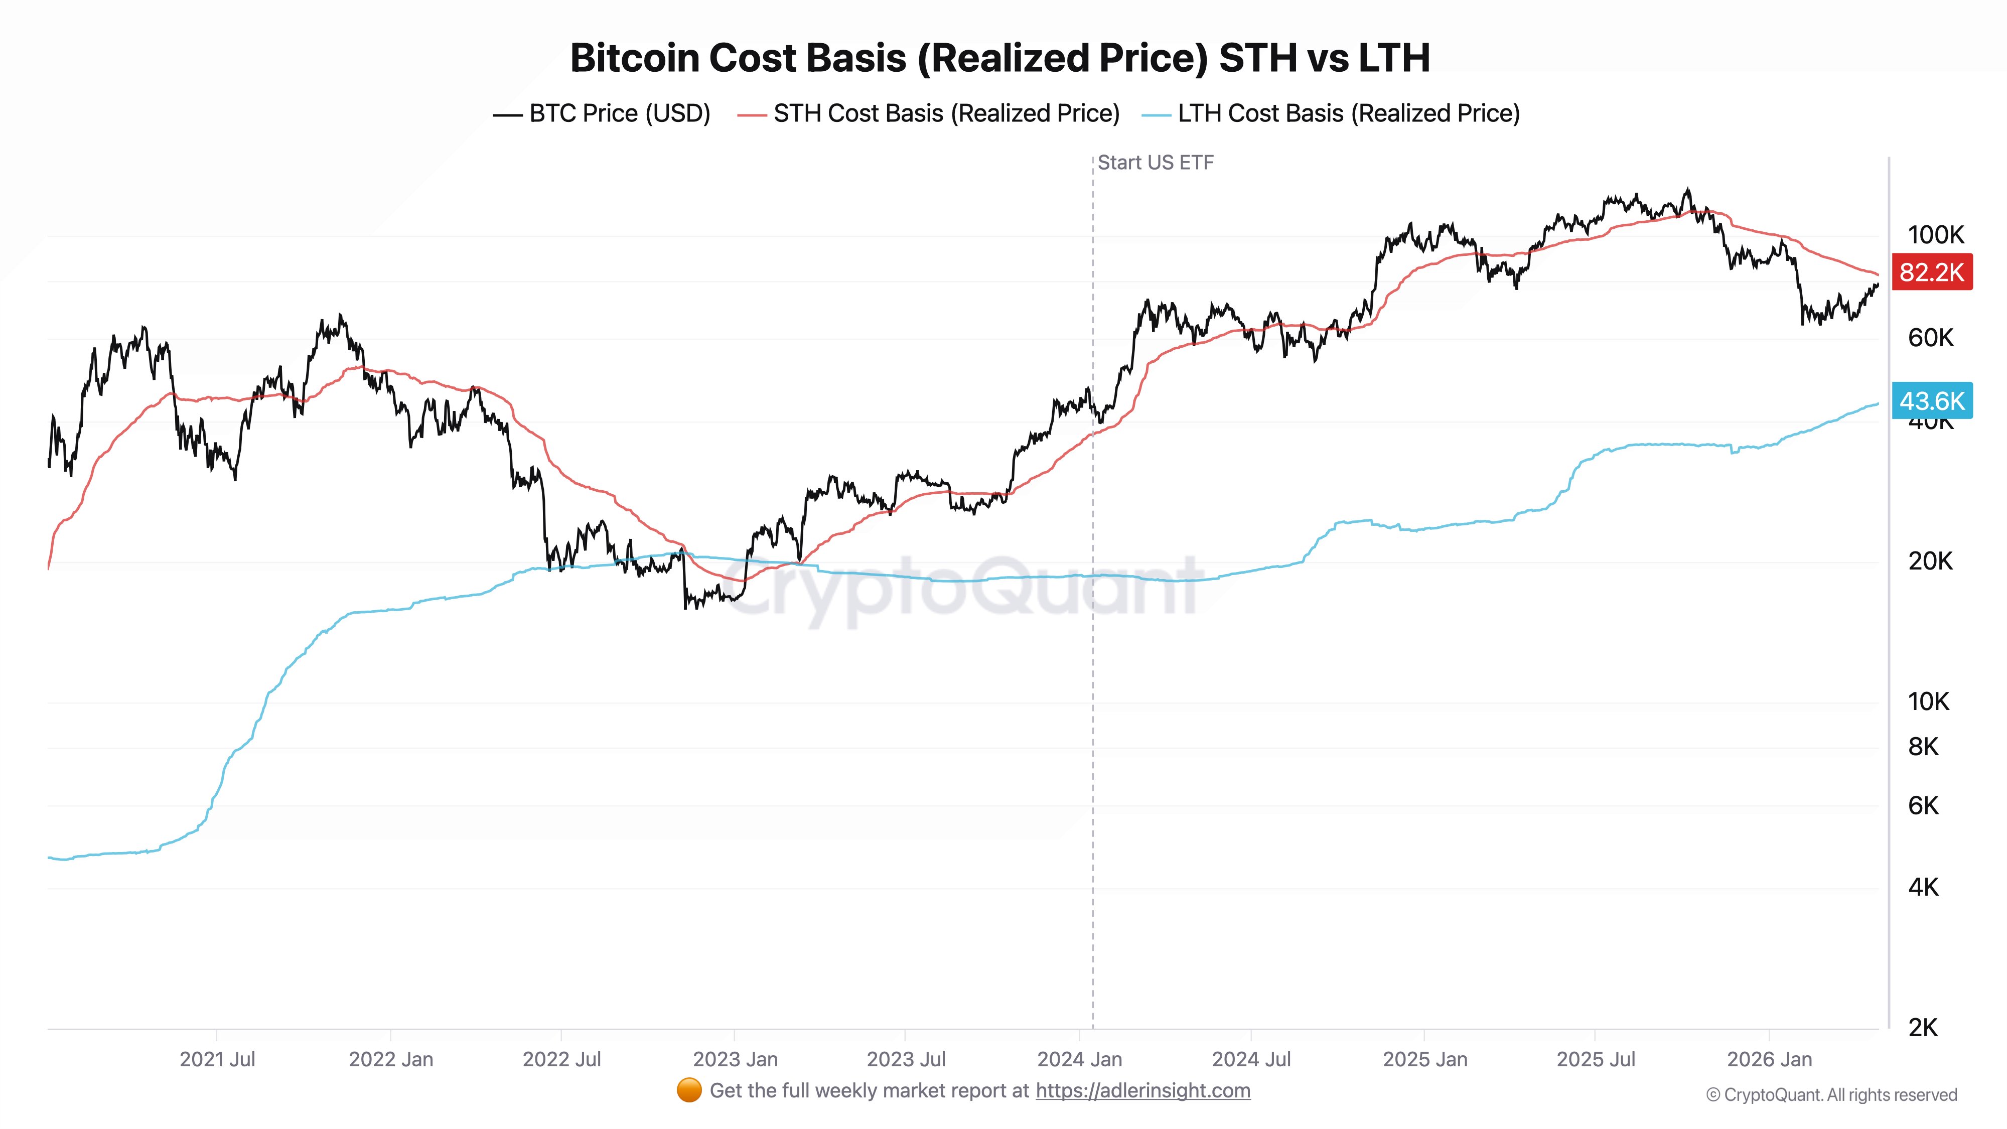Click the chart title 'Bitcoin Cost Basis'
click(999, 58)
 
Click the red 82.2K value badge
click(1931, 272)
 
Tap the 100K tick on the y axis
click(1935, 234)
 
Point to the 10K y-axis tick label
click(1928, 701)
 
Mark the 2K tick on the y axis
click(1923, 1028)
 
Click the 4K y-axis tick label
click(1923, 887)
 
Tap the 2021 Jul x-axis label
click(217, 1060)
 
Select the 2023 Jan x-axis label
click(735, 1060)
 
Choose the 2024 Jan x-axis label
click(1079, 1060)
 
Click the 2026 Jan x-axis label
click(1769, 1060)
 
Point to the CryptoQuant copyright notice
click(1831, 1095)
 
